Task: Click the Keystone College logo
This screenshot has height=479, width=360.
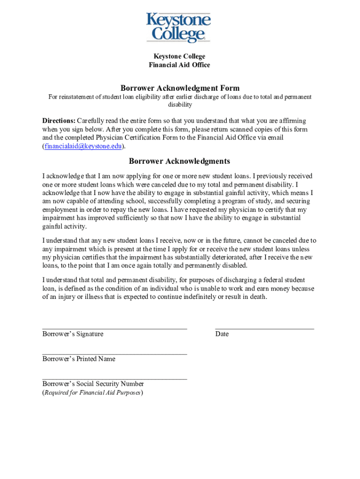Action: [179, 28]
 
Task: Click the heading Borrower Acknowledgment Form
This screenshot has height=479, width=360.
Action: [180, 88]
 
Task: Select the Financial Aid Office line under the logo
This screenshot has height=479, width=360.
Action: [180, 65]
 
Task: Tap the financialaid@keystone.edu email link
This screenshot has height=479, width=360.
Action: [83, 146]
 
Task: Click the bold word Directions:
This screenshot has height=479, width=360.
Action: [59, 121]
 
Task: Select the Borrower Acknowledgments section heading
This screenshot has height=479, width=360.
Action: [180, 161]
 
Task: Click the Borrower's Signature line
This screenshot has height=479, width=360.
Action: [115, 329]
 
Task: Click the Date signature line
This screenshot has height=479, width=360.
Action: [265, 329]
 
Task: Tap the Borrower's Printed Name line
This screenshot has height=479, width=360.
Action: [115, 354]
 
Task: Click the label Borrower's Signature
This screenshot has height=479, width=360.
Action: [73, 334]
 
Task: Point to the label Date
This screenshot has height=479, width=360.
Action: [222, 334]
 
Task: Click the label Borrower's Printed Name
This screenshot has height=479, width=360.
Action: [79, 359]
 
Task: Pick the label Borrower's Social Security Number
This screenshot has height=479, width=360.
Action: [93, 384]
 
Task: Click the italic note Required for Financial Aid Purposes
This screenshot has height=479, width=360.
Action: [93, 392]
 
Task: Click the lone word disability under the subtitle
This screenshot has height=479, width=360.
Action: [180, 105]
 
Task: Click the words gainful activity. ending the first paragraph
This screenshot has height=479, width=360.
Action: [65, 226]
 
